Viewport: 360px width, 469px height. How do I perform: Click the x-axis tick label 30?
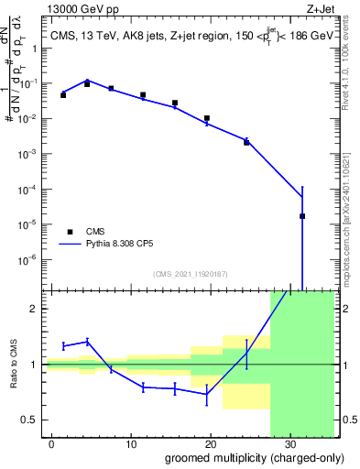289,442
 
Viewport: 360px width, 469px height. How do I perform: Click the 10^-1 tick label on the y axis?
33,83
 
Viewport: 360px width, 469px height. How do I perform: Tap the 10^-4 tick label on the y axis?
33,189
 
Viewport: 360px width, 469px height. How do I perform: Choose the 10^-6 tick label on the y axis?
33,259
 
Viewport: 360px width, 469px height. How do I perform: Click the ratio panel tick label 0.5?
33,420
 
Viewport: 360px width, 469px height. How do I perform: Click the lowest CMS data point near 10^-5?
302,216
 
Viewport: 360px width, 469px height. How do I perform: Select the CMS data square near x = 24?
246,142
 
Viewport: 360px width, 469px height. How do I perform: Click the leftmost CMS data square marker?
63,94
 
